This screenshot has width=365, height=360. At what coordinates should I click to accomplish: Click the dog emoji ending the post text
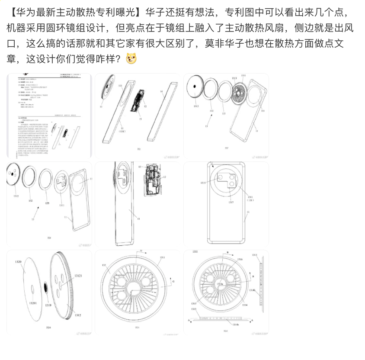[131, 58]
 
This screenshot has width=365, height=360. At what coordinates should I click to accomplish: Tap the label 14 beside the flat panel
[161, 92]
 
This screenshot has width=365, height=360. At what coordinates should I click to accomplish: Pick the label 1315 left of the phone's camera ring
[203, 183]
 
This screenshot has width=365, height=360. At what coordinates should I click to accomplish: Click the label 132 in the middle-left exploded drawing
[30, 201]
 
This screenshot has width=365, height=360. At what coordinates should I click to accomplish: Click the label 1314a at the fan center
[220, 283]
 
